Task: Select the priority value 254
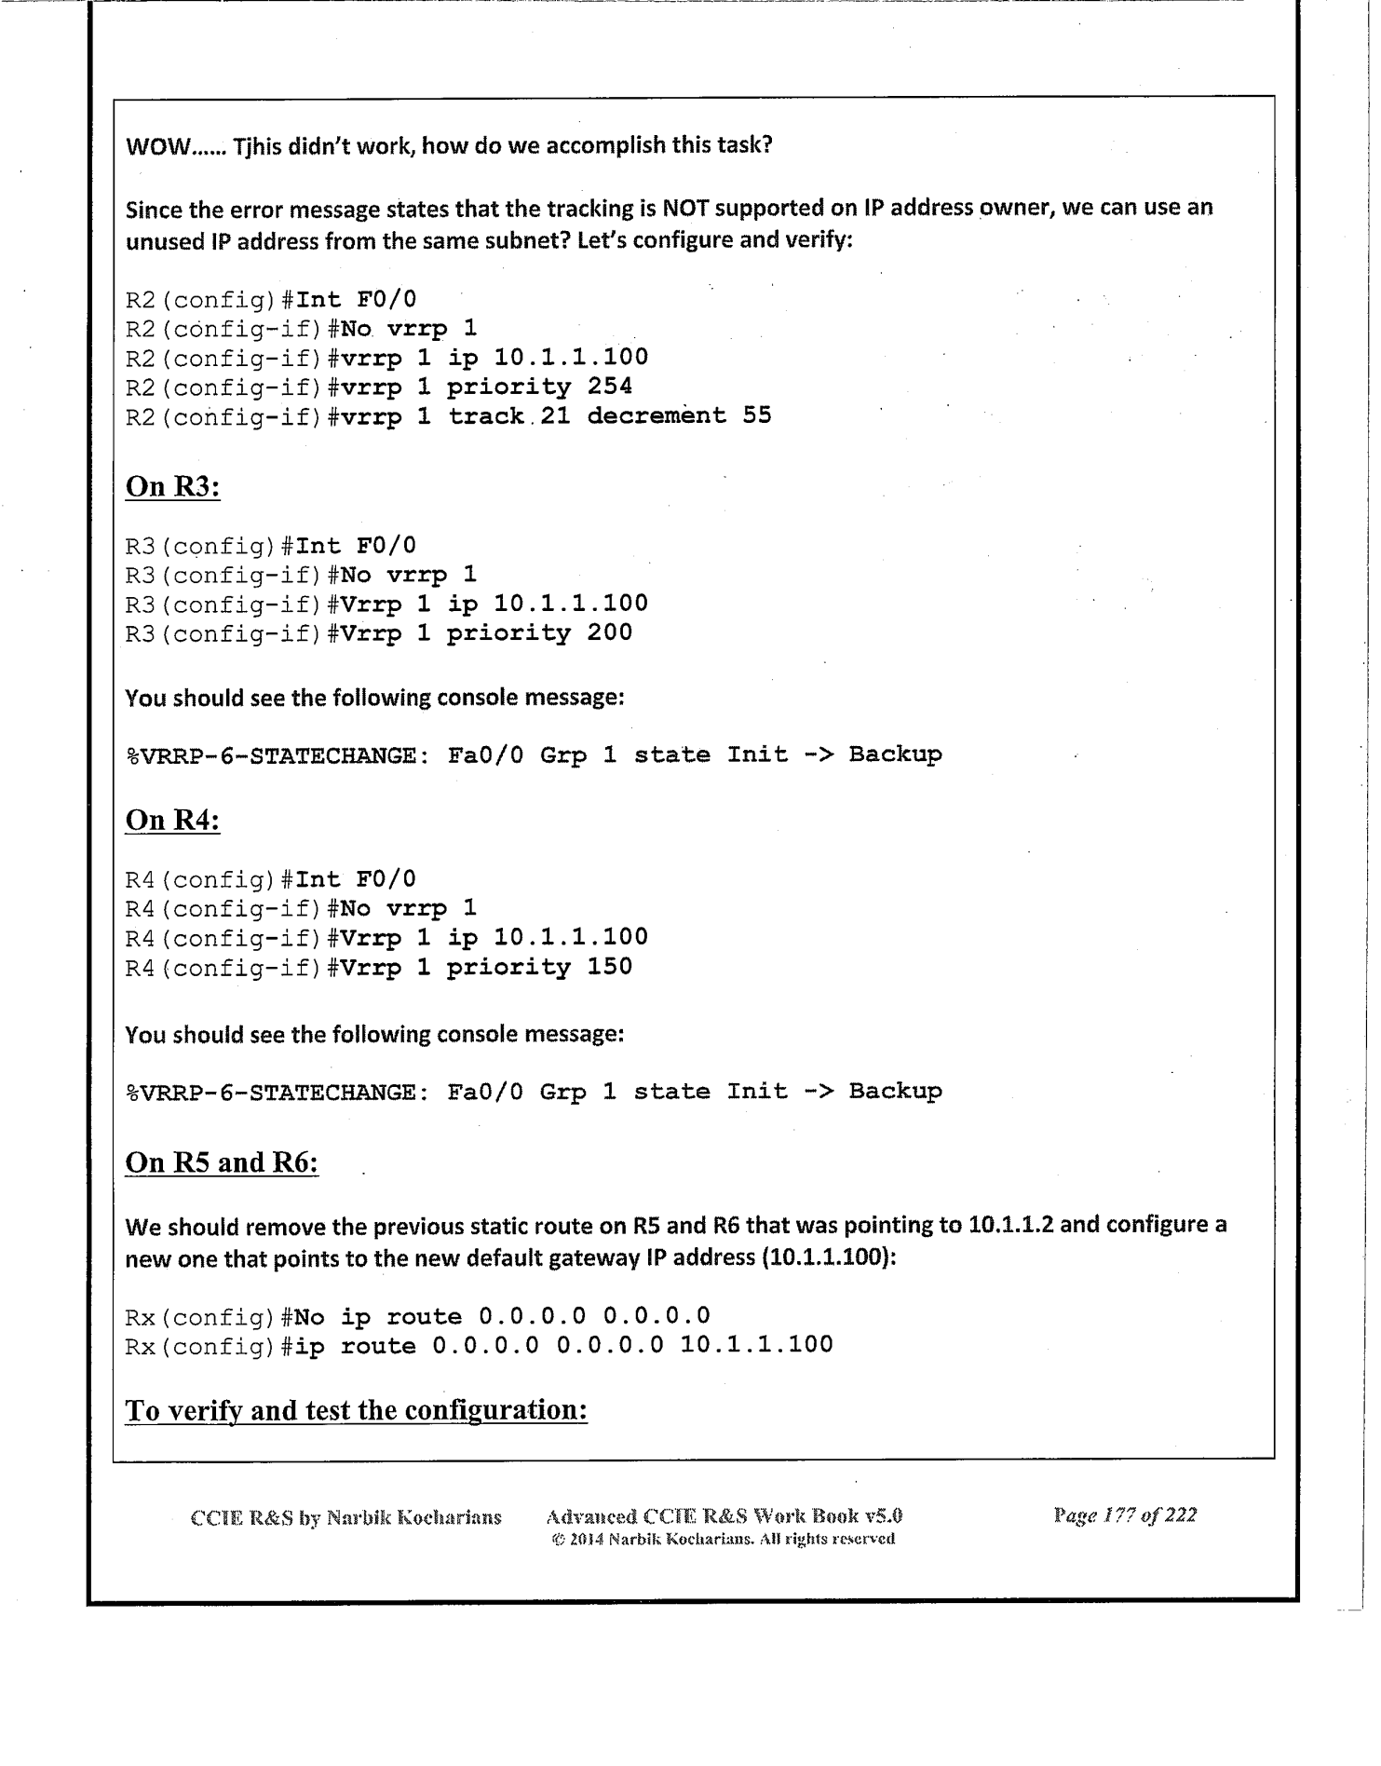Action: [x=610, y=387]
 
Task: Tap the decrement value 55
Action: [x=757, y=415]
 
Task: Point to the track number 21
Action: [x=555, y=415]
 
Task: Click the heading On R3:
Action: [x=172, y=486]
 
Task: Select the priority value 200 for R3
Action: [x=610, y=633]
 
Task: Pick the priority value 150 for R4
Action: [x=610, y=967]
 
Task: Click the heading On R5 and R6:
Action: [x=222, y=1162]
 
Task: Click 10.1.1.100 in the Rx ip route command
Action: [x=756, y=1345]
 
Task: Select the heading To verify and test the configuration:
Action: [x=356, y=1410]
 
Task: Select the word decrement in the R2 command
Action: [x=657, y=415]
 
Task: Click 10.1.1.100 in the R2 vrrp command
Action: [x=571, y=358]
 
